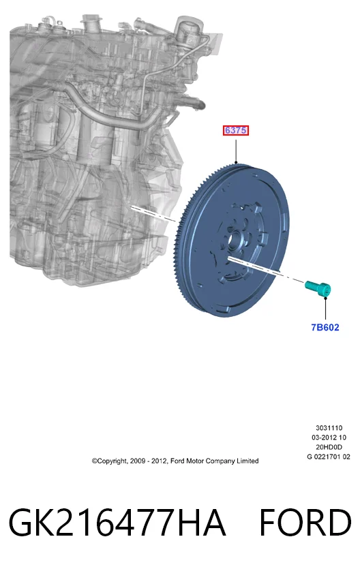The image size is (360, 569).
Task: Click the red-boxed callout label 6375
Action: [x=235, y=130]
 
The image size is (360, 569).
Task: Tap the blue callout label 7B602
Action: [x=325, y=327]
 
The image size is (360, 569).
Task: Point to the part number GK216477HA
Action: [x=117, y=523]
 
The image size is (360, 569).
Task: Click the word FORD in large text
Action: [x=305, y=523]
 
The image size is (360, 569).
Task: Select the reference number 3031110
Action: [x=329, y=428]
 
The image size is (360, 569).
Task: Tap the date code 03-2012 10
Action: [x=329, y=437]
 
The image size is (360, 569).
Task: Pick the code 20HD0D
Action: [x=329, y=447]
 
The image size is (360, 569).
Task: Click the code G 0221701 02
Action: [x=329, y=457]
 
